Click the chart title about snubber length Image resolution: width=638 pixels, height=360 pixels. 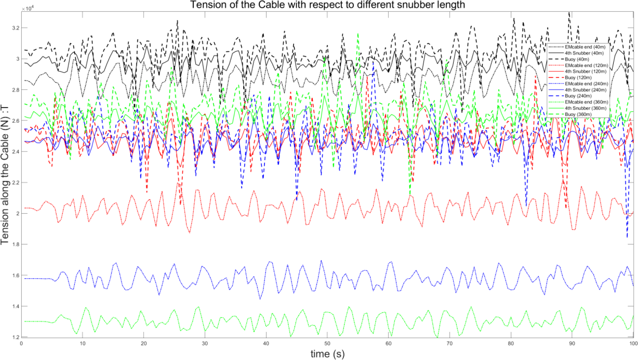327,5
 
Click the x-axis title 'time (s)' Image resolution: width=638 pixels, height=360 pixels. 327,354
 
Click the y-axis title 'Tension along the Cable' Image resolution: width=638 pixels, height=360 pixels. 5,175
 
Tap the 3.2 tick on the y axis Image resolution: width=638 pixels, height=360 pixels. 16,28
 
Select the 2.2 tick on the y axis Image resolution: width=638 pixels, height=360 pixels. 16,183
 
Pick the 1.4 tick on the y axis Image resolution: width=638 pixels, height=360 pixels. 16,306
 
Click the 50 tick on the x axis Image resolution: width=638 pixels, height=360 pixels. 327,343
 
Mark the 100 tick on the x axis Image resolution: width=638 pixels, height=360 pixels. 633,343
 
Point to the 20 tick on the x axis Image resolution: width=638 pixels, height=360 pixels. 144,343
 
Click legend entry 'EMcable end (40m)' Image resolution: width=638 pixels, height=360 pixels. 585,47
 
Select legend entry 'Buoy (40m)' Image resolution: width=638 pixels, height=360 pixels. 577,59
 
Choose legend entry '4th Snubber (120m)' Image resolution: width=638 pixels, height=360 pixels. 585,71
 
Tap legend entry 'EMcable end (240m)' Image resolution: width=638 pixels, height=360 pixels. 586,84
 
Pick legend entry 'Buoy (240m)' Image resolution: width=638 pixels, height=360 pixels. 578,96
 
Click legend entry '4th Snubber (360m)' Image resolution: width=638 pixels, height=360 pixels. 585,108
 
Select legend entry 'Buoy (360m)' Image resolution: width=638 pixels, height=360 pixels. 578,114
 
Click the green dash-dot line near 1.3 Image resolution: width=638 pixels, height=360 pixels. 35,322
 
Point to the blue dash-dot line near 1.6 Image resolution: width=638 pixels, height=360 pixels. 35,279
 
